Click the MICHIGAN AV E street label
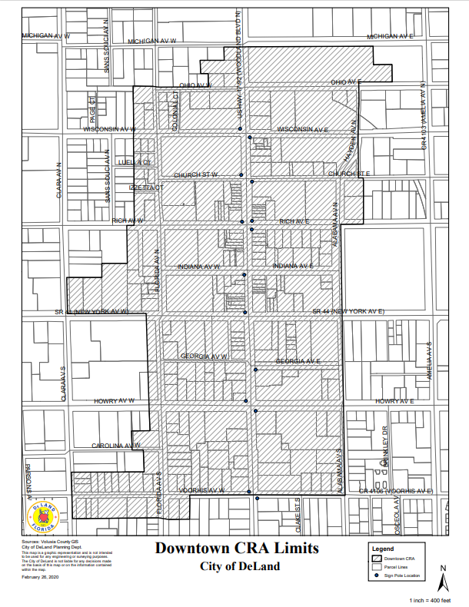point(392,36)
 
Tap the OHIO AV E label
point(346,81)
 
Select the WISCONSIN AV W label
point(109,130)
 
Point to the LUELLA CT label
point(137,163)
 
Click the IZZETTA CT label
point(146,187)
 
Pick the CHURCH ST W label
point(196,175)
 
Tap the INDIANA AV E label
point(293,266)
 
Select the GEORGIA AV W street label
point(204,357)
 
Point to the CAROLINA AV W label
point(115,446)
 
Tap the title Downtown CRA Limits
point(236,549)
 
